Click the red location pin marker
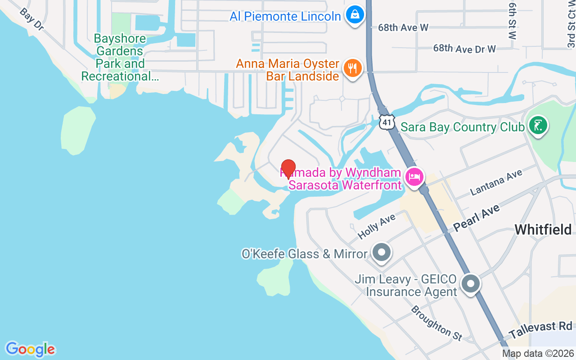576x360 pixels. tap(288, 168)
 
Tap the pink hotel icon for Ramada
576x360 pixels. tap(414, 176)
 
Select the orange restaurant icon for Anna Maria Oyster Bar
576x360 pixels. tap(353, 68)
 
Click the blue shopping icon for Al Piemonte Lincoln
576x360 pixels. tap(355, 15)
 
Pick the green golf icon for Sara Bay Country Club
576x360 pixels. tap(538, 126)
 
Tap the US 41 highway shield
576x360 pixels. tap(387, 121)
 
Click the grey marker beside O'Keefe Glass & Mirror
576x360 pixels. tap(382, 253)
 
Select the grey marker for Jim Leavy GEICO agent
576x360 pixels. tap(471, 284)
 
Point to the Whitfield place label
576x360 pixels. tap(543, 229)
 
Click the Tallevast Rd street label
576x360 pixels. tap(540, 330)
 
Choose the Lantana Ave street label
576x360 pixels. tap(496, 182)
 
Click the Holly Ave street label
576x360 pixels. tap(376, 226)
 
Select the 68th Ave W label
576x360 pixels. tap(403, 27)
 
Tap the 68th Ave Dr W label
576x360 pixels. tap(464, 48)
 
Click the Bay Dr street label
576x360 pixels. tap(31, 19)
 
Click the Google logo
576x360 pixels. tap(30, 349)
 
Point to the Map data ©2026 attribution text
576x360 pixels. tap(538, 354)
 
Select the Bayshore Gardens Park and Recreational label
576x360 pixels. tap(120, 58)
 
